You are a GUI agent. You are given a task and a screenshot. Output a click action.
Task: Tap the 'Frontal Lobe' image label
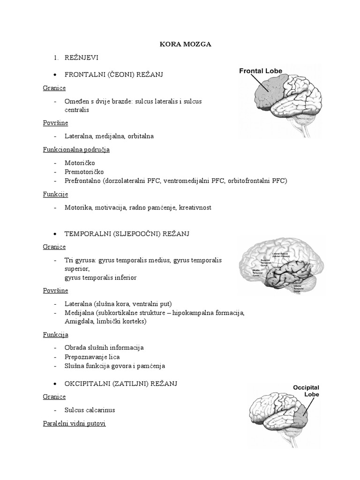[261, 71]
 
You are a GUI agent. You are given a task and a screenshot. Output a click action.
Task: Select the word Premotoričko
[84, 172]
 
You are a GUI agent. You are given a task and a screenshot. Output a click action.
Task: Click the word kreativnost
[195, 207]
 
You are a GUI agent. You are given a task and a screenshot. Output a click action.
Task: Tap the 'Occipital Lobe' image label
[306, 391]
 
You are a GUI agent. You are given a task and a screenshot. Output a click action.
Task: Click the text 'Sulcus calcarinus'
[90, 410]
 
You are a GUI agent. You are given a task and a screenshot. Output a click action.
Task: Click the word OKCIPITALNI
[88, 383]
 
